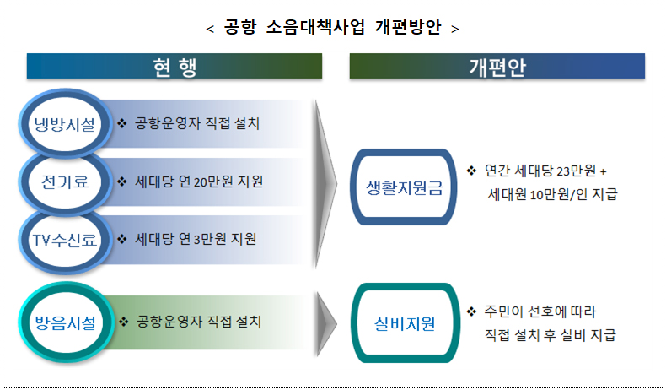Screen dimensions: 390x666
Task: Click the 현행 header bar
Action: [x=175, y=67]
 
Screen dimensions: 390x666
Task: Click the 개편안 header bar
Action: [x=497, y=67]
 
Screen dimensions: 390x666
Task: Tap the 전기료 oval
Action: [x=65, y=181]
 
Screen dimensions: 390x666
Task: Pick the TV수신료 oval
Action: [x=65, y=239]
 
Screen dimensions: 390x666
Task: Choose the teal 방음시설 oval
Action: [x=65, y=322]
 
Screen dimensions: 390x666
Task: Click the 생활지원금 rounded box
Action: [x=405, y=187]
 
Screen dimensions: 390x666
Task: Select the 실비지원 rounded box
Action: [x=405, y=322]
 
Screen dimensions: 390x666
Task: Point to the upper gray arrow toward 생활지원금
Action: [x=326, y=181]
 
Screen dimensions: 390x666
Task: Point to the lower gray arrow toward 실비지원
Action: [x=326, y=322]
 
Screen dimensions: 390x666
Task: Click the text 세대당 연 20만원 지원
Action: [x=199, y=181]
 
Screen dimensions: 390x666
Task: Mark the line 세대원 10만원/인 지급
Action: [x=552, y=194]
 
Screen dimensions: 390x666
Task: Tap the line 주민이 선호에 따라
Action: [x=540, y=311]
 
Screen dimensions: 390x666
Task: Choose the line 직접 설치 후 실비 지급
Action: [x=550, y=335]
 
